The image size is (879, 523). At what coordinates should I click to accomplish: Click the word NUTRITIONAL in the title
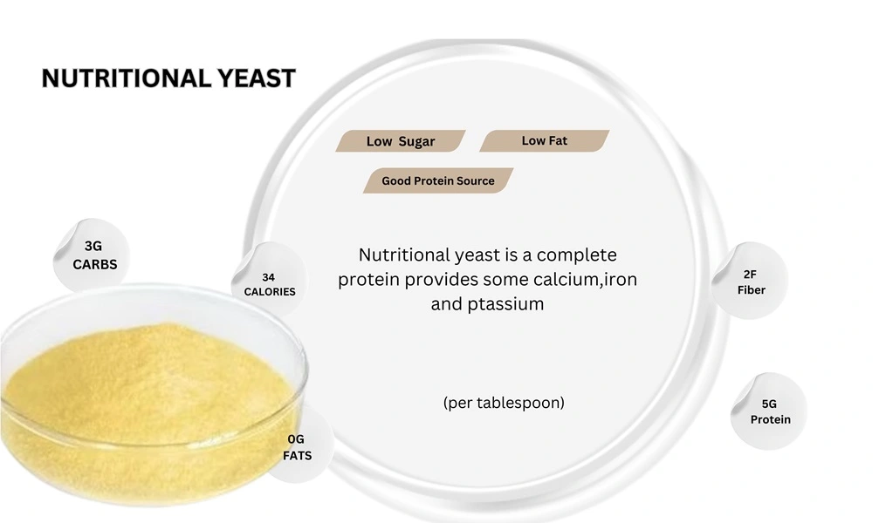point(122,78)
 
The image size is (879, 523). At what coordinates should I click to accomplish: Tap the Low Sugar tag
point(401,141)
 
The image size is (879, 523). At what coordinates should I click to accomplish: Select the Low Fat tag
point(545,140)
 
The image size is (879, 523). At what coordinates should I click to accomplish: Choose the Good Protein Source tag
point(438,181)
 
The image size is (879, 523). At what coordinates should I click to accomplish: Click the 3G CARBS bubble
point(94,255)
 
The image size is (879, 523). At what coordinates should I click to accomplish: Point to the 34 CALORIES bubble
point(270,284)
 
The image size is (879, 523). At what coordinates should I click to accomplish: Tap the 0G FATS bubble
point(298,447)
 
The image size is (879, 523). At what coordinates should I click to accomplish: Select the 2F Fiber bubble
point(751,282)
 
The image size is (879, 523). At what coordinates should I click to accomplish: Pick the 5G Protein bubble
point(770,411)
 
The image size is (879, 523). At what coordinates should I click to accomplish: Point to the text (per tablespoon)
point(504,403)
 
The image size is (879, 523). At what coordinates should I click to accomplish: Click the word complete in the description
point(576,255)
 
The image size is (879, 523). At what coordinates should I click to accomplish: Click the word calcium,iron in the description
point(599,280)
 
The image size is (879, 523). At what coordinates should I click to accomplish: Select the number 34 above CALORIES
point(270,276)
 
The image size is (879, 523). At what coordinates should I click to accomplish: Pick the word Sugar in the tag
point(416,141)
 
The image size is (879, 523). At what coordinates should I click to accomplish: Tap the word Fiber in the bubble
point(751,289)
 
